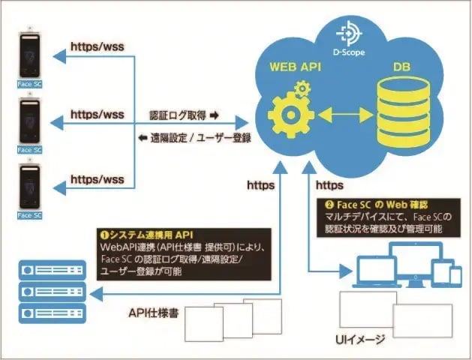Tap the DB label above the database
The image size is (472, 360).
coord(401,69)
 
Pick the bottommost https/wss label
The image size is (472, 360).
coord(97,179)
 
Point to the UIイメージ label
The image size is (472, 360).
coord(360,340)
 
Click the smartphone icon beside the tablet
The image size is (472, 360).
coord(455,274)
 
